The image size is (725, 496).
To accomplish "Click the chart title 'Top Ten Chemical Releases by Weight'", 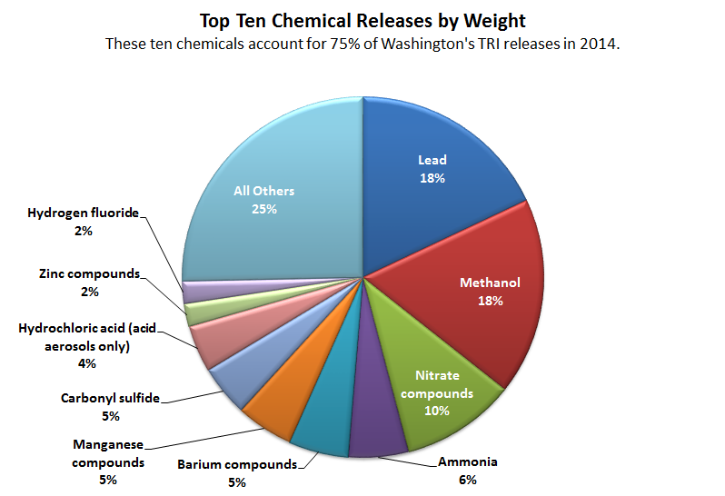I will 362,20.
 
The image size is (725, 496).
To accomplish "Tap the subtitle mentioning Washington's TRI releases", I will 362,44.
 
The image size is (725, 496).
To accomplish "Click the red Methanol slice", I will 482,300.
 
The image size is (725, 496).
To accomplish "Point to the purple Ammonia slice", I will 375,432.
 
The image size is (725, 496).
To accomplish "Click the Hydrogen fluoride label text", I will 83,213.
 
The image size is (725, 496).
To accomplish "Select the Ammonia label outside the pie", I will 468,462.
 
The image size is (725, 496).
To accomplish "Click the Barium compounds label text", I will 237,465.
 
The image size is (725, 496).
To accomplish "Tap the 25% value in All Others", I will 264,209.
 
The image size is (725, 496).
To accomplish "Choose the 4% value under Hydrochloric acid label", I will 87,363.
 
